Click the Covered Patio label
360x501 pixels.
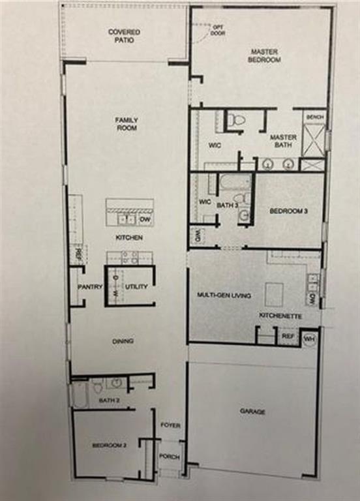(124, 35)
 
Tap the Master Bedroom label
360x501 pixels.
(264, 55)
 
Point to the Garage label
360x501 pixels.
(252, 411)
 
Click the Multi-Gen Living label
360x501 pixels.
(224, 296)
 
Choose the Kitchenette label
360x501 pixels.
(280, 316)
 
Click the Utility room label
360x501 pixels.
(136, 286)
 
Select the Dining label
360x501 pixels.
(123, 341)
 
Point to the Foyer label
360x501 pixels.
(170, 425)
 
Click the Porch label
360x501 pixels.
(170, 457)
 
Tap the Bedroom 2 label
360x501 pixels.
(109, 445)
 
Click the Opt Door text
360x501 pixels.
(218, 30)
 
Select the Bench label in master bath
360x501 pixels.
(314, 117)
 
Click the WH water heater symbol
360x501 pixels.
(310, 339)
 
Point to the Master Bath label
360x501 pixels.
(284, 141)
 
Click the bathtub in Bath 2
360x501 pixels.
(80, 395)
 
